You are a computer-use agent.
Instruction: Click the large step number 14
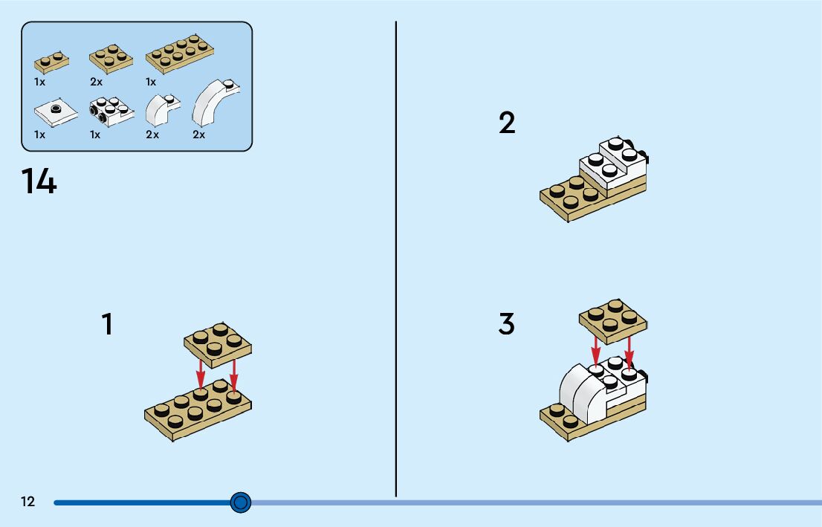pos(39,182)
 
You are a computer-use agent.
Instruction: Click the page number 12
pos(27,502)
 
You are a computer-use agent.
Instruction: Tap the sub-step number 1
pos(108,325)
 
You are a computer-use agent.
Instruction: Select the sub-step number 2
pos(507,123)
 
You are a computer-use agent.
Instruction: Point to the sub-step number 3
pos(507,325)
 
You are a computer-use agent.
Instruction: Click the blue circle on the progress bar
pos(240,502)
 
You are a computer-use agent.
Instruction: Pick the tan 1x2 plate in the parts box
pos(51,62)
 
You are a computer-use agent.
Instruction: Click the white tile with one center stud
pos(55,111)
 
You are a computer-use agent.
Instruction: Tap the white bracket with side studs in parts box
pos(111,111)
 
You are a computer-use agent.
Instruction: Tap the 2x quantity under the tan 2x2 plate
pos(97,82)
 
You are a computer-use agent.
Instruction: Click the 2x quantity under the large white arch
pos(198,135)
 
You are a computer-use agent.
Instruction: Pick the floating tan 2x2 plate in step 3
pos(613,320)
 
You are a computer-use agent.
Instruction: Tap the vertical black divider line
pos(396,260)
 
